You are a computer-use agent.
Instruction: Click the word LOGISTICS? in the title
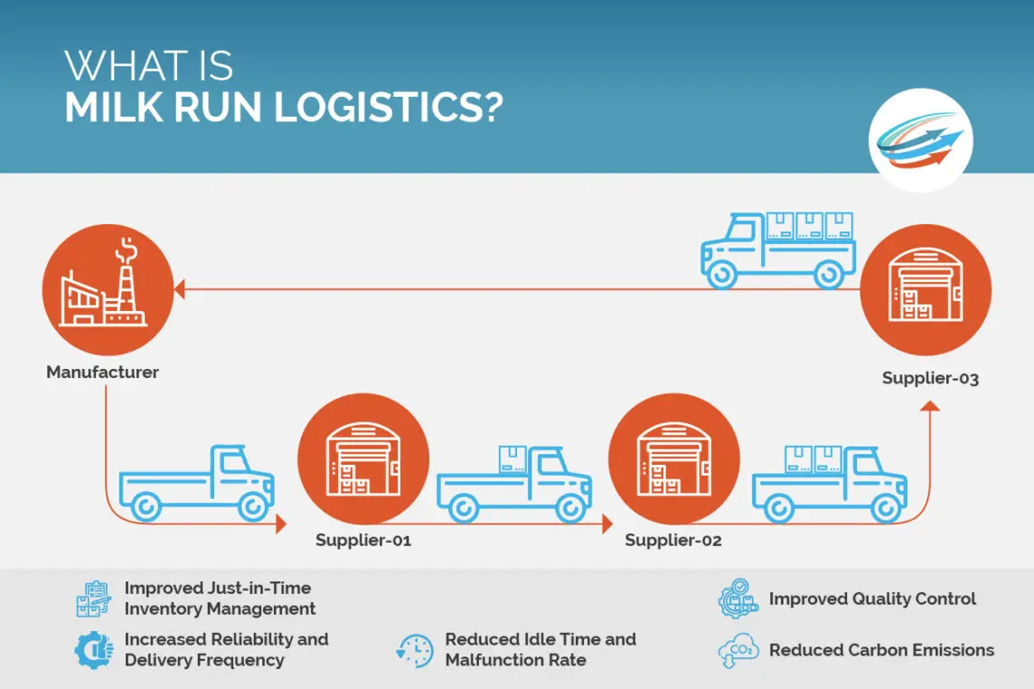(389, 107)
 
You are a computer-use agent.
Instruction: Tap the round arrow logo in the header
(921, 140)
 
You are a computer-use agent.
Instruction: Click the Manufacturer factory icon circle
(108, 289)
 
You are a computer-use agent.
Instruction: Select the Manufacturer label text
(102, 373)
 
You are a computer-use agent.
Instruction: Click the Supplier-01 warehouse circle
(363, 458)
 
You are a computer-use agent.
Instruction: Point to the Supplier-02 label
(673, 540)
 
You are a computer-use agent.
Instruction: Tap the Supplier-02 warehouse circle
(674, 458)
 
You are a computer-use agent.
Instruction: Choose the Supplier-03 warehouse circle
(926, 289)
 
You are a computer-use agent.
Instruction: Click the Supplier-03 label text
(930, 378)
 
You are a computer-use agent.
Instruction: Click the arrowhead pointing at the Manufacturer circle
(179, 289)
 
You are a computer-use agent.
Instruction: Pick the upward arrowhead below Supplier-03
(930, 405)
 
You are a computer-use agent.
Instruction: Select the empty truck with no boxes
(196, 483)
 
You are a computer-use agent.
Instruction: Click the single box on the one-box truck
(512, 458)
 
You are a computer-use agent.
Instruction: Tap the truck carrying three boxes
(778, 250)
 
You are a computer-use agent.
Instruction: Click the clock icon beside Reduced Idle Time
(415, 650)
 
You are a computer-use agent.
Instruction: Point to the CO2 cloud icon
(738, 649)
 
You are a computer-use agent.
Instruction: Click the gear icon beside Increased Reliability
(94, 650)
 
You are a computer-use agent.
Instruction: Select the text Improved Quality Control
(872, 599)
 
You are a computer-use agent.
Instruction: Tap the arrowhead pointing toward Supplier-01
(282, 524)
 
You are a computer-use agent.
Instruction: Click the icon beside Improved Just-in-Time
(94, 599)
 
